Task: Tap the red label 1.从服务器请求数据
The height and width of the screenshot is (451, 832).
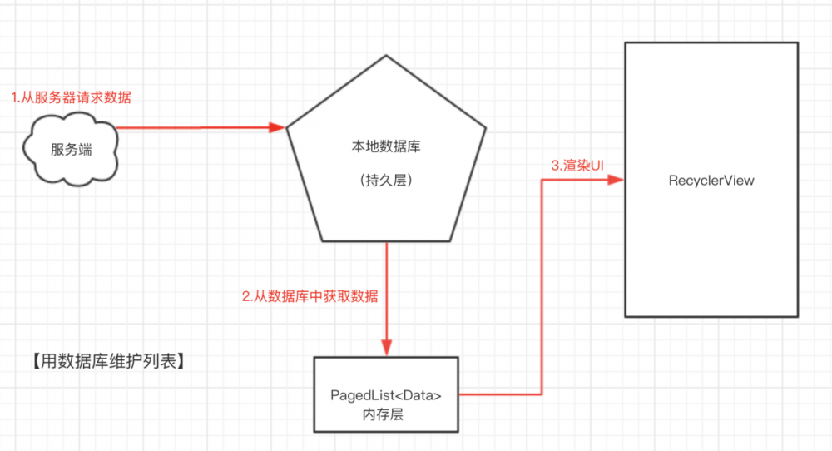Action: [71, 97]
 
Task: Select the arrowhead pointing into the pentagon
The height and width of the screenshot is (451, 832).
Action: [278, 128]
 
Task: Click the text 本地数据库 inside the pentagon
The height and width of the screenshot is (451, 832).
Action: [385, 146]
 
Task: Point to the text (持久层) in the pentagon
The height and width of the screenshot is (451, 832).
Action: [385, 179]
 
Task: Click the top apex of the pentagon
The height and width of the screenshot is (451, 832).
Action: [385, 57]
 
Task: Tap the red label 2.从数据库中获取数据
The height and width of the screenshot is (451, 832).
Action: [310, 296]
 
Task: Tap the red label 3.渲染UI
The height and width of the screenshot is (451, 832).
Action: [577, 165]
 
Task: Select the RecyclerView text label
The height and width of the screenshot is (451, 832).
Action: [711, 180]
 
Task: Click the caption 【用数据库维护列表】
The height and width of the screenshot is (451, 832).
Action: [104, 362]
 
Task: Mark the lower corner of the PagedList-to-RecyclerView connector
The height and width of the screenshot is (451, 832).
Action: [542, 394]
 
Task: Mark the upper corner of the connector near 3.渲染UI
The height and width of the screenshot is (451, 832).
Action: [542, 179]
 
